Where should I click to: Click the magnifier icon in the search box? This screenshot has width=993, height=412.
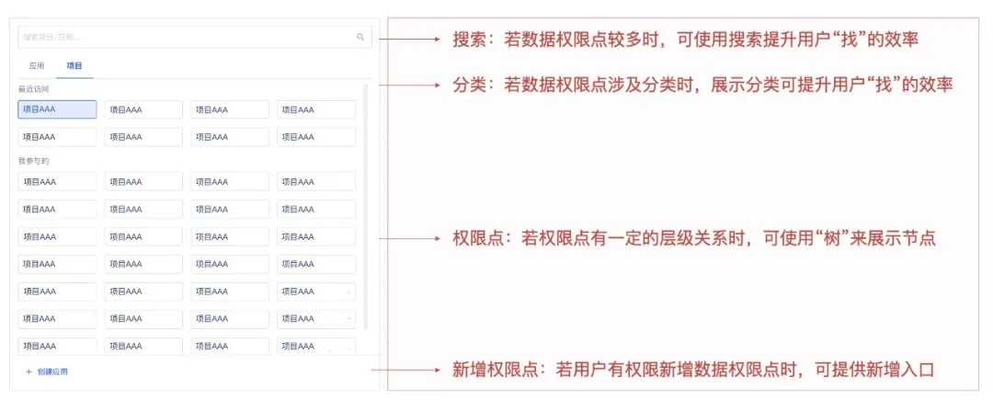point(360,38)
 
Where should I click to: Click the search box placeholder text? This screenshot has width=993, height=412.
point(51,38)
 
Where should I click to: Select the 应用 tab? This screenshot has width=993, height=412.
point(37,66)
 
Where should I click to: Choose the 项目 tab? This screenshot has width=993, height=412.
point(74,66)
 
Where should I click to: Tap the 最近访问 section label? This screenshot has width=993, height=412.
point(33,89)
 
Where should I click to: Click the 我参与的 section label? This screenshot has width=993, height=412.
point(33,161)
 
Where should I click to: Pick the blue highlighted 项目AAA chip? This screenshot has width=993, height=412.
point(57,109)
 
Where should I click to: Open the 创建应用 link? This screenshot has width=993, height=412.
point(52,372)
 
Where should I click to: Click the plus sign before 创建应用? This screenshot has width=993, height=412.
point(29,372)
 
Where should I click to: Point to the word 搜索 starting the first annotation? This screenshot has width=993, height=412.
point(469,40)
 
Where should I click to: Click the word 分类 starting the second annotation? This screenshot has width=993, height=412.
point(469,85)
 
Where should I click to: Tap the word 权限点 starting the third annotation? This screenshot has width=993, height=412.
point(476,238)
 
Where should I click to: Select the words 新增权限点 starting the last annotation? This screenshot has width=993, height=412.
point(492,370)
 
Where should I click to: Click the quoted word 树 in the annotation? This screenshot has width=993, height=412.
point(845,238)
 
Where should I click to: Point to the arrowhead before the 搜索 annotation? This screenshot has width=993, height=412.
point(439,40)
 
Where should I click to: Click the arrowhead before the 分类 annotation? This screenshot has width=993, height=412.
point(439,85)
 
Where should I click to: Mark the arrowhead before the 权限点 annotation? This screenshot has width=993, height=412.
point(439,238)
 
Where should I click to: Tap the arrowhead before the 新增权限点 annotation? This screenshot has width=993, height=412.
point(439,370)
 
